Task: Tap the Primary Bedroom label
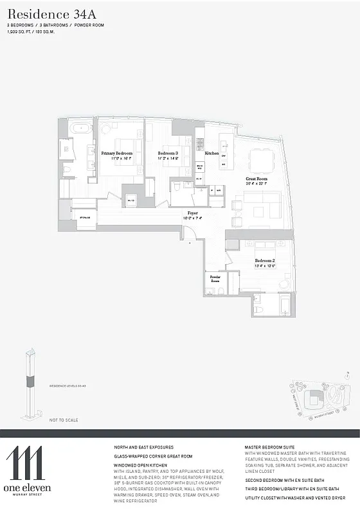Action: coord(116,153)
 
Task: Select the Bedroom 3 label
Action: coord(168,153)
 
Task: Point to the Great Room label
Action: coord(256,179)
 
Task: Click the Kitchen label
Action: coord(212,154)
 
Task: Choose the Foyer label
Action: coord(192,213)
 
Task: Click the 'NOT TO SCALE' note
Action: coord(64,420)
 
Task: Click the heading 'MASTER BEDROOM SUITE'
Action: coord(270,446)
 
